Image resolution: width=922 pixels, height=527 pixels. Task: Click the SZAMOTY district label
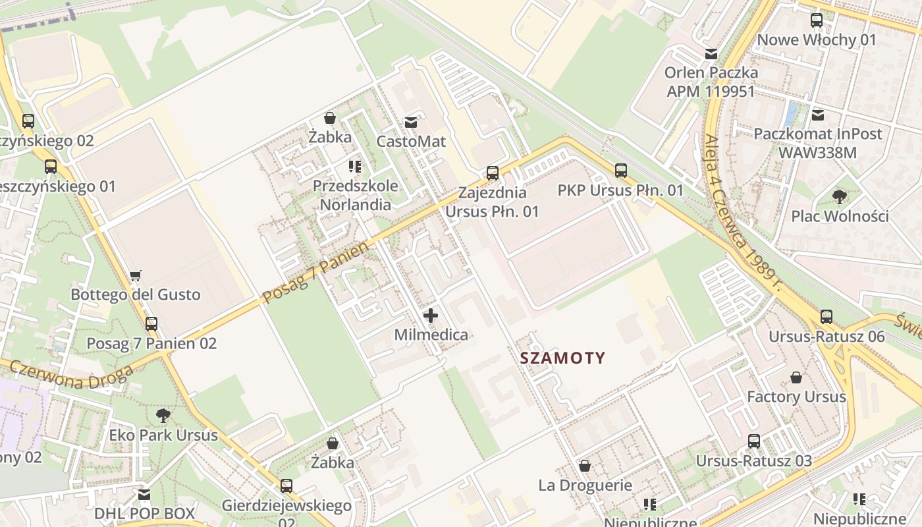point(562,358)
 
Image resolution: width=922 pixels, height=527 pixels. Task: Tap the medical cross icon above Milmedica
point(431,316)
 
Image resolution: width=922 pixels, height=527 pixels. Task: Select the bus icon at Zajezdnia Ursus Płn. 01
point(493,173)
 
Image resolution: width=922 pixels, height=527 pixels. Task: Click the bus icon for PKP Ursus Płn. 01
point(621,171)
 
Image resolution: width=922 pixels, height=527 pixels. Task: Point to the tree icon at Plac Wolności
point(840,196)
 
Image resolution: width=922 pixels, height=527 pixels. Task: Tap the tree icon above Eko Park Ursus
point(163,415)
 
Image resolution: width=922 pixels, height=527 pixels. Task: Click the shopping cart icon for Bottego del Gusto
point(136,275)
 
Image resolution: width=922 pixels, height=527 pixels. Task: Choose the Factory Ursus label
point(796,397)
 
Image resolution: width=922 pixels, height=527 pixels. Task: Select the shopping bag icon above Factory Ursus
point(796,377)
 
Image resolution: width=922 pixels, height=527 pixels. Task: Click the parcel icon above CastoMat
point(412,122)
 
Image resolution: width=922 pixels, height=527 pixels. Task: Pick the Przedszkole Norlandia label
point(356,195)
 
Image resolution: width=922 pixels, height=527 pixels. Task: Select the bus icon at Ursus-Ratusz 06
point(827,316)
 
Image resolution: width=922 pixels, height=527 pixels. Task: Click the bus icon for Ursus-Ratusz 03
point(754,441)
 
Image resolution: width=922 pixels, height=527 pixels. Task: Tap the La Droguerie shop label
point(585,485)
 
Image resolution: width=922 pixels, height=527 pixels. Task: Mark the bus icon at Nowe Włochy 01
point(817,20)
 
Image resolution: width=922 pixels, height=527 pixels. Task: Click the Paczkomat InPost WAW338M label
point(817,143)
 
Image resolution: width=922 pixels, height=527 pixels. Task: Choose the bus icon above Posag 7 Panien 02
point(151,323)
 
